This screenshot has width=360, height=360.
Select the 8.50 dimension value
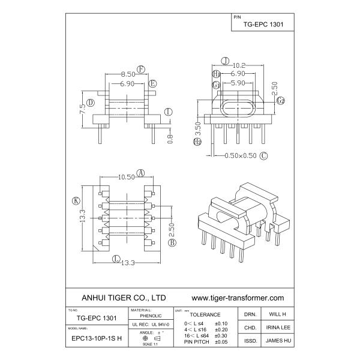[x=127, y=74]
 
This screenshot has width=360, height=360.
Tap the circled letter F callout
[x=141, y=68]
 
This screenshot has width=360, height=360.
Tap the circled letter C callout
[x=263, y=155]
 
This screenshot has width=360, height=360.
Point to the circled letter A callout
[x=141, y=172]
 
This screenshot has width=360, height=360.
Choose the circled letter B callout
[x=172, y=243]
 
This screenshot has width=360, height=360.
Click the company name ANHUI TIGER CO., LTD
[x=123, y=297]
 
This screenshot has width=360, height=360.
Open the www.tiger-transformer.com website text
[x=237, y=297]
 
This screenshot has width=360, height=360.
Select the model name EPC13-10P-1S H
[x=96, y=338]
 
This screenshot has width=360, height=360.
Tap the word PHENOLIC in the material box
[x=150, y=315]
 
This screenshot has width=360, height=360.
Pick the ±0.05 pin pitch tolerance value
[x=221, y=341]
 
